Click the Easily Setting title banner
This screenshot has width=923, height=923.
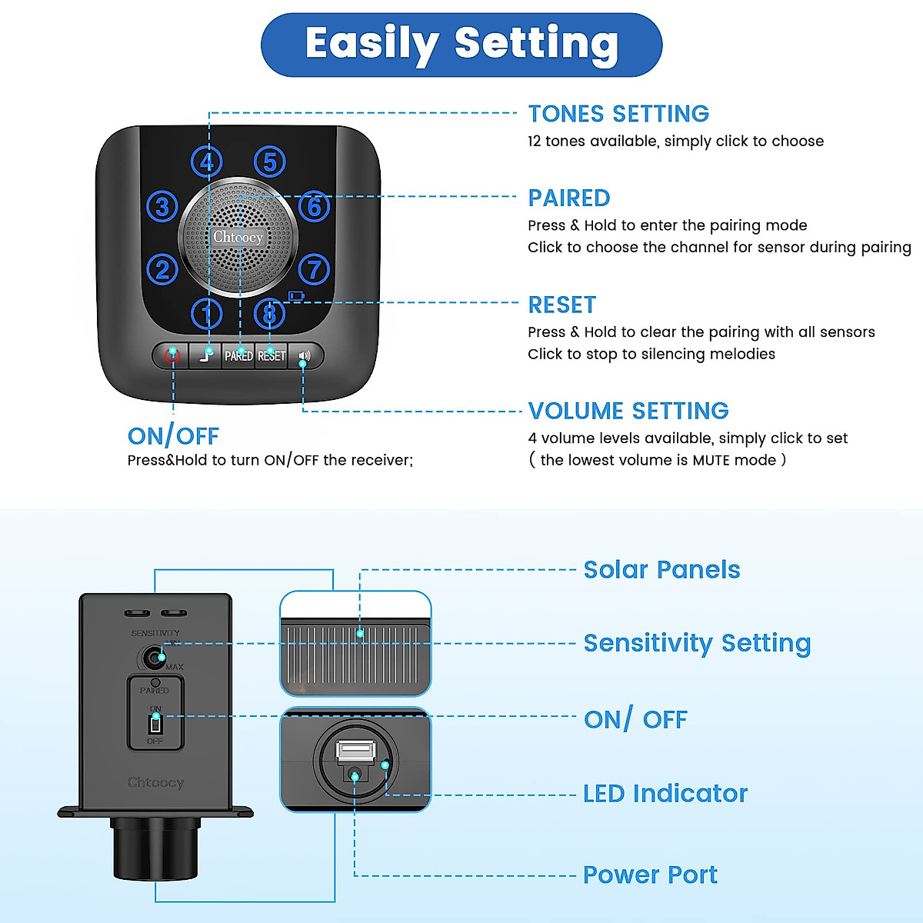[461, 44]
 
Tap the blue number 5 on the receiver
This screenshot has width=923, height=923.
[269, 162]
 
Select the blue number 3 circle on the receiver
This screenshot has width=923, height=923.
[162, 207]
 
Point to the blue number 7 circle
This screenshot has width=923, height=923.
[314, 269]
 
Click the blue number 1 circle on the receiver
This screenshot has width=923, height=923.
[206, 313]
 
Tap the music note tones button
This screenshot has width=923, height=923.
[205, 355]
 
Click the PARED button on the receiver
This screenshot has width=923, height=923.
[238, 355]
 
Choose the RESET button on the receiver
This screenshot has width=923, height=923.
[272, 355]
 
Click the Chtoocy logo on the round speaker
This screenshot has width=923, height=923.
[238, 237]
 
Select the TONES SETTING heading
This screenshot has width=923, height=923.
[618, 114]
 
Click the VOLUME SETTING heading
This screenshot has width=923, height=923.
[628, 411]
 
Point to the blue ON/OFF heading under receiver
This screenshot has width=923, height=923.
[173, 436]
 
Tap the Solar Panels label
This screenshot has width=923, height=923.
[661, 570]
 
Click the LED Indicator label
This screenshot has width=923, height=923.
[665, 794]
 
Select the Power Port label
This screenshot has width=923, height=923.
[650, 875]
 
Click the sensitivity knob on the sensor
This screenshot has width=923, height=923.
[155, 658]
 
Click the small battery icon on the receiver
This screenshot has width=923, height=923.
[296, 295]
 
